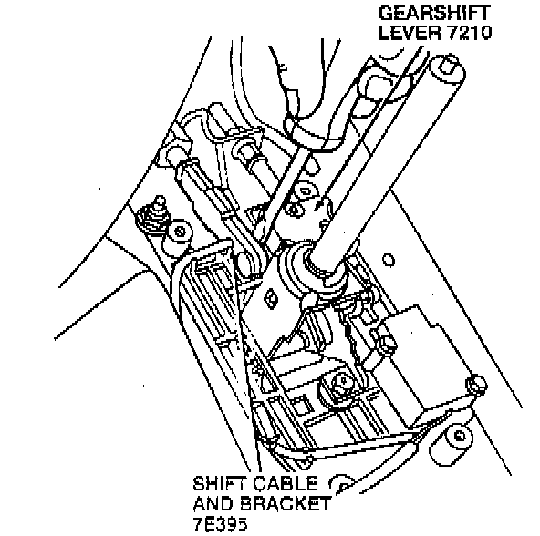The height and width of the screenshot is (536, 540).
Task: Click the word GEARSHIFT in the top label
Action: point(434,14)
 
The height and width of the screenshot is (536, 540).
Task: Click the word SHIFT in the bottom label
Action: point(222,484)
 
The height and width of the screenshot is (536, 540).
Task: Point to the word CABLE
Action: point(286,484)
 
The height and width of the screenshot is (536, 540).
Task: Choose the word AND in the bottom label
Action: point(213,504)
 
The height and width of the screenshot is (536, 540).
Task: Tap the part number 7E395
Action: point(220,524)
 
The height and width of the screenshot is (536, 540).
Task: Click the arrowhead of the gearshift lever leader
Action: point(319,204)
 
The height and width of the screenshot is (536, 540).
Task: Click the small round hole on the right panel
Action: point(389,261)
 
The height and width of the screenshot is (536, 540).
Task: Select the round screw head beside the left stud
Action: point(180,231)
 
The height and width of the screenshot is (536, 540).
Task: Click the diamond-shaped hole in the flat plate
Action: point(271,298)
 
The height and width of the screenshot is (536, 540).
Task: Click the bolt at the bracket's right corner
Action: point(475,385)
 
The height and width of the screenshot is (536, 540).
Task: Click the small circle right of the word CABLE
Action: point(341,483)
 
